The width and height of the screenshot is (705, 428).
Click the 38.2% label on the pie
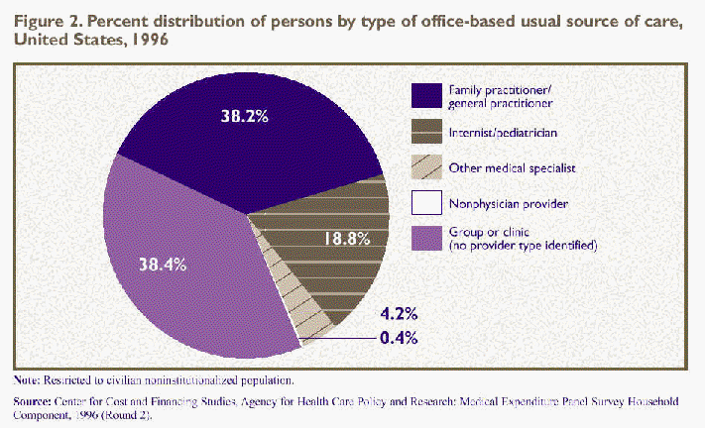coord(245,115)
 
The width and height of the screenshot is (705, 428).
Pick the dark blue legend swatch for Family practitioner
coord(426,94)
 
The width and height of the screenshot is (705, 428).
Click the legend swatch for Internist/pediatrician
coord(426,131)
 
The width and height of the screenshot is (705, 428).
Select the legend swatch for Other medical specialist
coord(426,167)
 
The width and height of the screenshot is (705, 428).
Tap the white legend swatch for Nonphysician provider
coord(426,203)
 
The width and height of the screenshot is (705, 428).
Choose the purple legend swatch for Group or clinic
coord(426,239)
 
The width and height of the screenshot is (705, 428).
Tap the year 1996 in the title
coord(141,42)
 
